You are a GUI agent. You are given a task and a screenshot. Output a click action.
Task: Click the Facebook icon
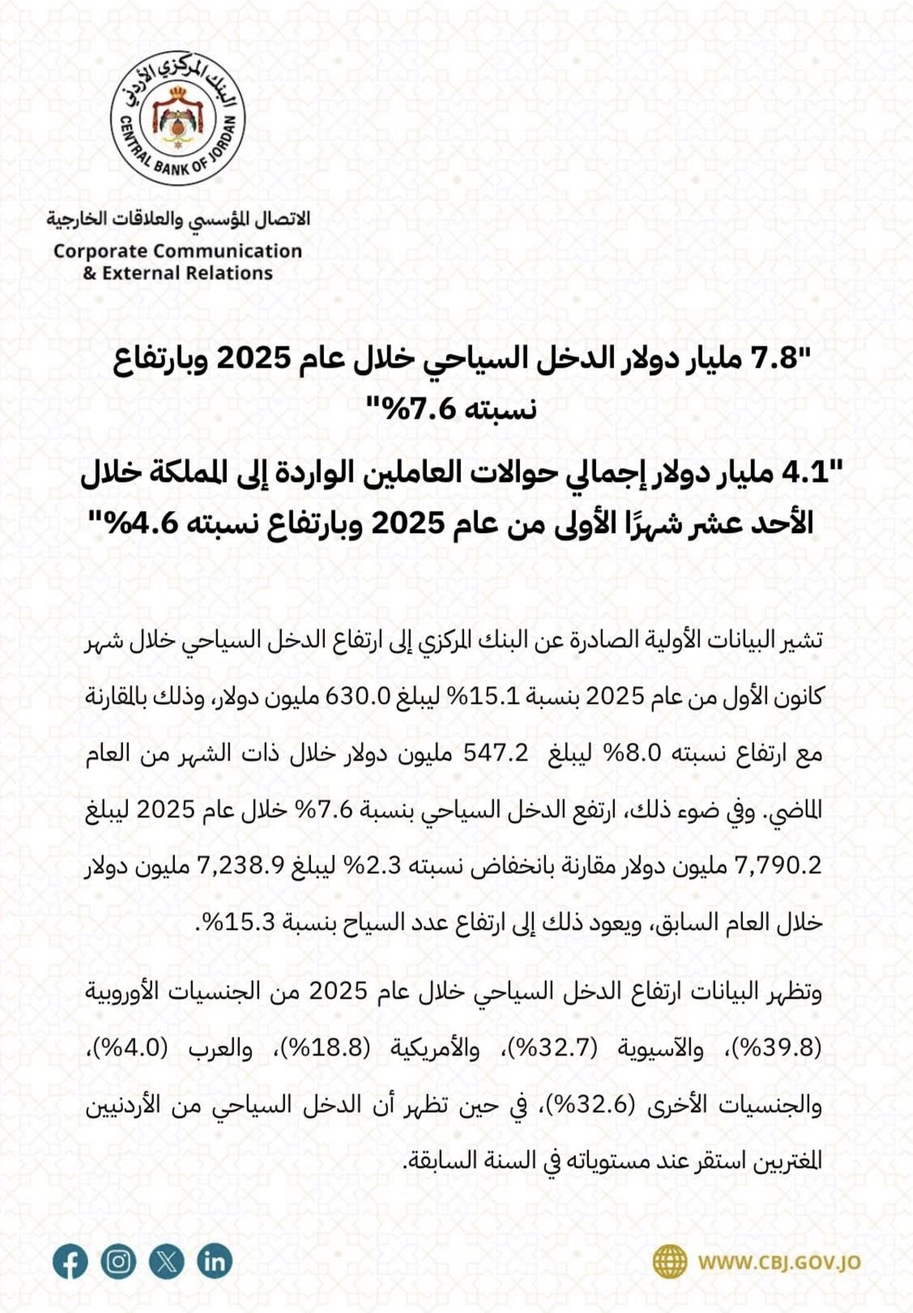click(70, 1262)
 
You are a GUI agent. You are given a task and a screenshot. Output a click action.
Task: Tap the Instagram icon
click(118, 1262)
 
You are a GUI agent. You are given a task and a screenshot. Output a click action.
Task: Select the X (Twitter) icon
click(166, 1262)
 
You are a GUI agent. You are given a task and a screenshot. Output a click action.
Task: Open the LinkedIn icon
click(214, 1262)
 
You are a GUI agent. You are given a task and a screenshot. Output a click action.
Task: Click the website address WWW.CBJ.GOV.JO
click(779, 1263)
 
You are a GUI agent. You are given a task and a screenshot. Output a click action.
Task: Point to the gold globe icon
click(669, 1262)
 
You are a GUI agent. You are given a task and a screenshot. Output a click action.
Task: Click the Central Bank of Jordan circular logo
click(177, 117)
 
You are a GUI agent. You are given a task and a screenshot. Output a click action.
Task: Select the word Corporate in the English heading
click(99, 251)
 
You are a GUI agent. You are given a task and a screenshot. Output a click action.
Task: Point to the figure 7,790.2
click(778, 866)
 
